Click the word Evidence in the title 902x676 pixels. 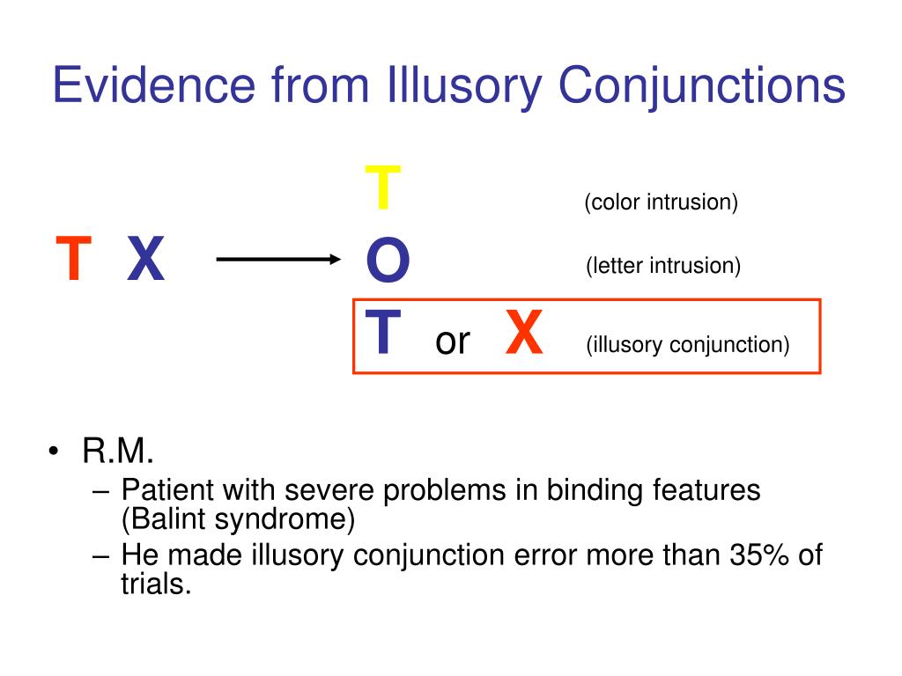click(x=153, y=84)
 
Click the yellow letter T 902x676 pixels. click(x=382, y=187)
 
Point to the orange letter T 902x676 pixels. click(x=74, y=258)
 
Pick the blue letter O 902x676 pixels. click(x=388, y=260)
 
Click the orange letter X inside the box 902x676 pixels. click(x=523, y=331)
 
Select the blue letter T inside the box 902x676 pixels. click(x=382, y=331)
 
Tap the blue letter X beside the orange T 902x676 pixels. click(x=145, y=258)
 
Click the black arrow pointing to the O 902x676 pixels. click(x=278, y=260)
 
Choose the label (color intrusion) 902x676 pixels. click(x=661, y=202)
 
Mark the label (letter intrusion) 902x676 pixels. click(x=663, y=266)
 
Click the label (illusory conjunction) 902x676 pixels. click(x=687, y=345)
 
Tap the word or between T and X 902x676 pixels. click(x=453, y=342)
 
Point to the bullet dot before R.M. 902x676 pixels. click(x=54, y=451)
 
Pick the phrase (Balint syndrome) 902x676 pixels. click(x=238, y=519)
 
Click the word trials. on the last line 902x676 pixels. click(x=156, y=584)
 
